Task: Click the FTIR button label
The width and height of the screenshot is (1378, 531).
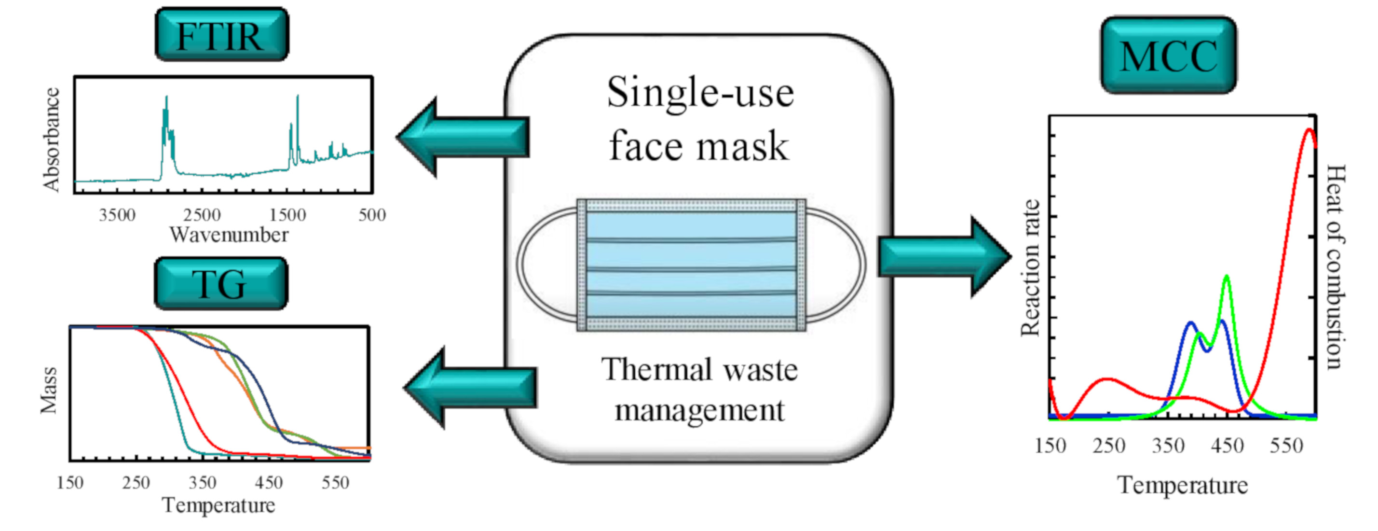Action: click(221, 36)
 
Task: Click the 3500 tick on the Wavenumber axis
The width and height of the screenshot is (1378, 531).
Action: click(117, 215)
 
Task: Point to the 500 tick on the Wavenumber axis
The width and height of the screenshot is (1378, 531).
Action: click(372, 215)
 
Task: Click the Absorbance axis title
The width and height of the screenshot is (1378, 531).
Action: click(51, 139)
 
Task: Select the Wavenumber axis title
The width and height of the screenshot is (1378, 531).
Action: click(229, 235)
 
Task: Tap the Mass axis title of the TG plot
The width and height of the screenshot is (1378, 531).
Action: click(49, 390)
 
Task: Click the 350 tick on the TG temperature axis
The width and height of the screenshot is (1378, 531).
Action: click(203, 483)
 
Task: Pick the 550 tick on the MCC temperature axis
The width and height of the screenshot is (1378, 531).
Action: click(1286, 446)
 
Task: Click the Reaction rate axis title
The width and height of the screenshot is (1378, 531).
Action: click(1030, 267)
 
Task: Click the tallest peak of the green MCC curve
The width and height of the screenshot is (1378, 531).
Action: click(1226, 277)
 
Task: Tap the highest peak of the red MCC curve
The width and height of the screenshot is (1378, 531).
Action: click(1309, 130)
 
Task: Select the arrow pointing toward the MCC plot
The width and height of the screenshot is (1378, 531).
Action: click(944, 257)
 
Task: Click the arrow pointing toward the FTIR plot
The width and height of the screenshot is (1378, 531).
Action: click(463, 137)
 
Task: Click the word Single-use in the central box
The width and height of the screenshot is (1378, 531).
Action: click(700, 93)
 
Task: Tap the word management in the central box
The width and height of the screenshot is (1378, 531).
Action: click(700, 411)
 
